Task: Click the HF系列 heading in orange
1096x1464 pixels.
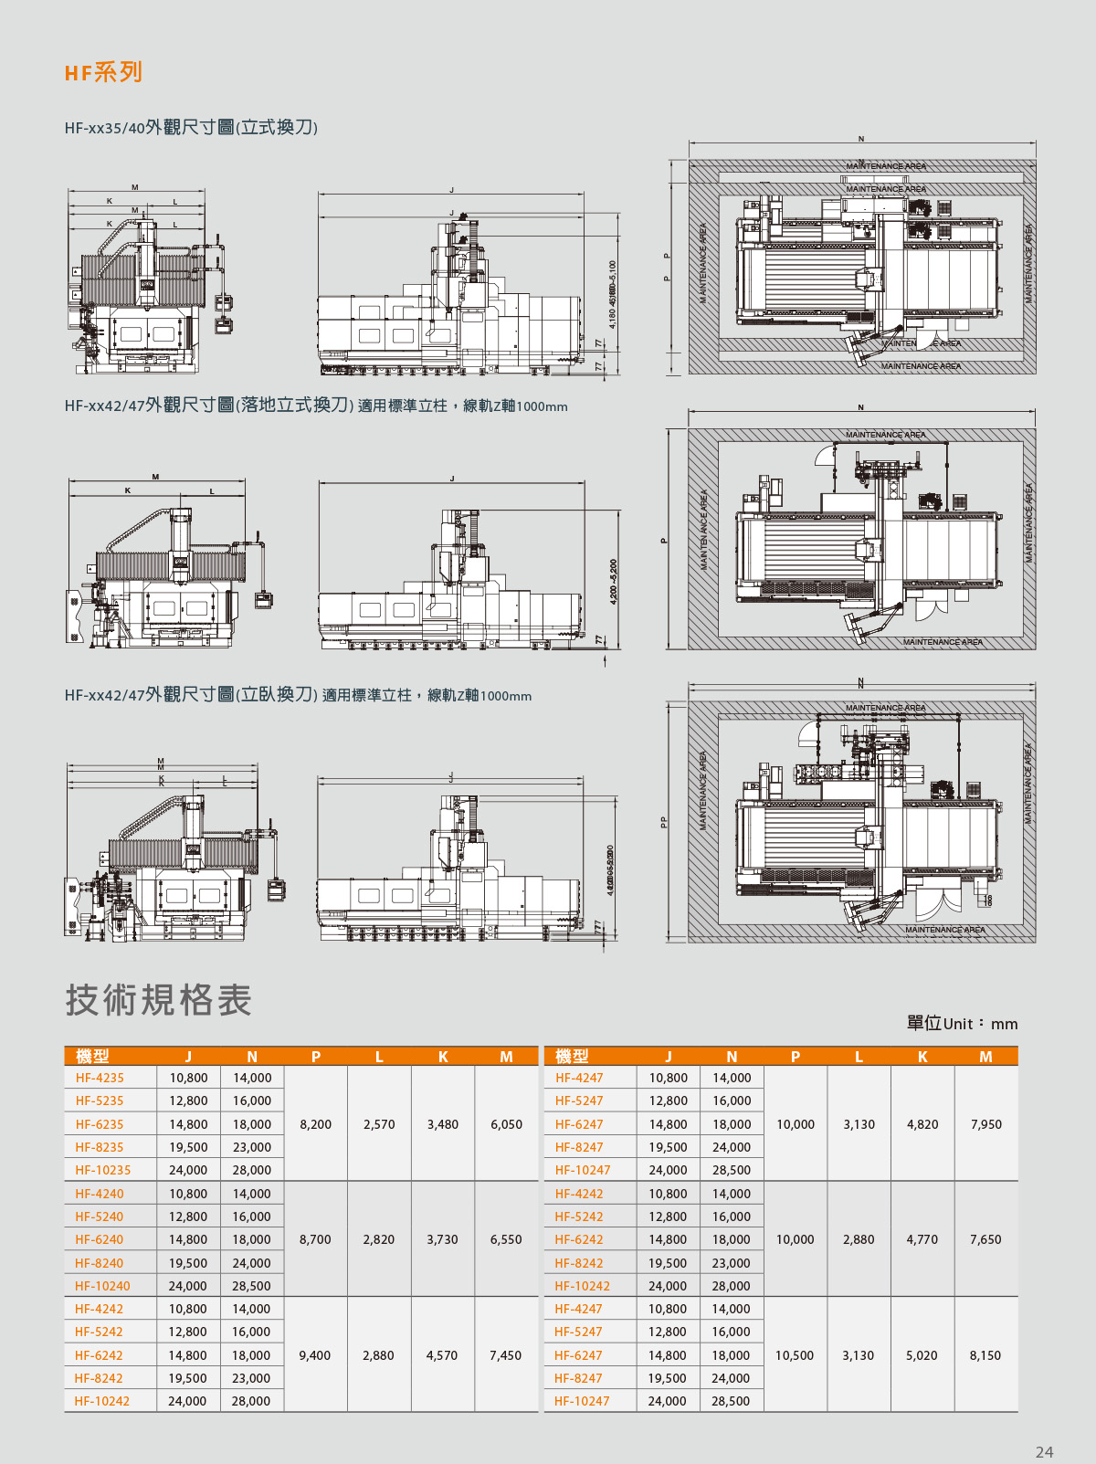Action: pyautogui.click(x=103, y=72)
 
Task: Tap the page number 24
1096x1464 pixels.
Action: pyautogui.click(x=1044, y=1451)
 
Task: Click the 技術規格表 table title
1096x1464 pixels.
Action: pyautogui.click(x=158, y=1000)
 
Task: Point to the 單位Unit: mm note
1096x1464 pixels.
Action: pyautogui.click(x=962, y=1024)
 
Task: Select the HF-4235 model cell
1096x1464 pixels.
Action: pyautogui.click(x=100, y=1078)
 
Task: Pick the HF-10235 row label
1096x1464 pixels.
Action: pyautogui.click(x=103, y=1170)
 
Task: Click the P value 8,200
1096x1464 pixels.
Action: pyautogui.click(x=316, y=1124)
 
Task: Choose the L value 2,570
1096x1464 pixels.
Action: pyautogui.click(x=379, y=1124)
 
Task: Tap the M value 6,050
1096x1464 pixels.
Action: pyautogui.click(x=506, y=1124)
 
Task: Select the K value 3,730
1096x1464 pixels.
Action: pyautogui.click(x=442, y=1239)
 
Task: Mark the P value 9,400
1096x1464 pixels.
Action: pyautogui.click(x=315, y=1355)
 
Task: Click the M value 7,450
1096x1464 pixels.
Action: pyautogui.click(x=505, y=1355)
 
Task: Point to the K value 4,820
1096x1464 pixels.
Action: pyautogui.click(x=922, y=1124)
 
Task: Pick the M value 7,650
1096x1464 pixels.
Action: pyautogui.click(x=985, y=1239)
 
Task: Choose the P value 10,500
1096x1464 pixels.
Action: pyautogui.click(x=795, y=1355)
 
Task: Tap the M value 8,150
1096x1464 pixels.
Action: pyautogui.click(x=985, y=1355)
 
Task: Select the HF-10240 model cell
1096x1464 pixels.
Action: pyautogui.click(x=102, y=1286)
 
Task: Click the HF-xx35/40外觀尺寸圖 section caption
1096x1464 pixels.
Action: pyautogui.click(x=191, y=128)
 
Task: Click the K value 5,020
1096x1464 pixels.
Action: pyautogui.click(x=922, y=1355)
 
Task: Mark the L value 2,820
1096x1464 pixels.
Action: pyautogui.click(x=379, y=1239)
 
